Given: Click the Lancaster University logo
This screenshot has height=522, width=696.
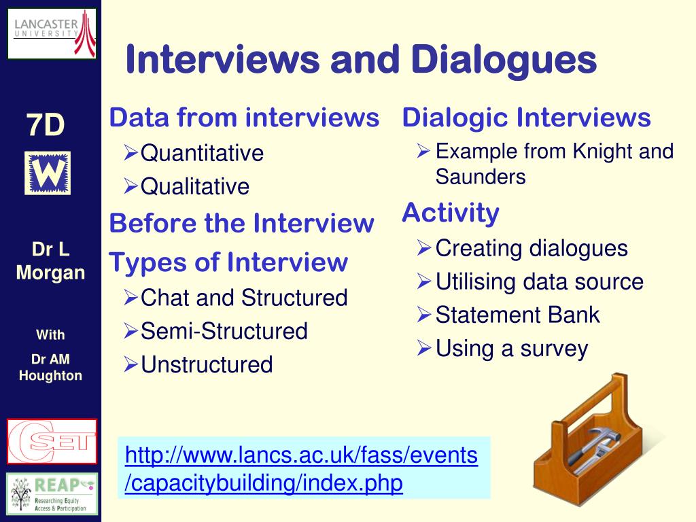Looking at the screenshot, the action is coord(52,34).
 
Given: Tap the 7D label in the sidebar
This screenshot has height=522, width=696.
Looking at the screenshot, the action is coord(46,125).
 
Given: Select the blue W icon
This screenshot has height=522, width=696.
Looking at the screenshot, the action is coord(48,173).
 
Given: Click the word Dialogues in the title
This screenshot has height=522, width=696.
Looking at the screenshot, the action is coord(504,60).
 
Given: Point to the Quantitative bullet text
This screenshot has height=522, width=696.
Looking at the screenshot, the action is coord(202,153).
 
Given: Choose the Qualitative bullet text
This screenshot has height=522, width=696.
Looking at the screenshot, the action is coord(195,186).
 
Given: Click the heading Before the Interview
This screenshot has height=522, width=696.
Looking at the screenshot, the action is coord(241,223).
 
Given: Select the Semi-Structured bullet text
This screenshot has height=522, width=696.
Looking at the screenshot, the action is coord(224,331).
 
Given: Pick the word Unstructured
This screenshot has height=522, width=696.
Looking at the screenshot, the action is coord(207,365).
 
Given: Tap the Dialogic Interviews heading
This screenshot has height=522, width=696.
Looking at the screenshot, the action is coord(527,118).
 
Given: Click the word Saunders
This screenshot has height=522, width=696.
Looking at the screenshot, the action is coord(481,177).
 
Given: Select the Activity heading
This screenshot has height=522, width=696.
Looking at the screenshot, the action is coord(451,213).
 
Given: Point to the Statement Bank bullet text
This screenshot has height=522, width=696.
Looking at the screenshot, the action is coord(517,315).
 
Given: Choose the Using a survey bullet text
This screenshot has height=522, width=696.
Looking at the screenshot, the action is coord(512,349).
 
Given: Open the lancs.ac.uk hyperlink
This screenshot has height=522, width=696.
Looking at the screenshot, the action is coord(301,469).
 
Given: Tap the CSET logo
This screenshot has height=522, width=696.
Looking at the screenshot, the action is coord(52,441).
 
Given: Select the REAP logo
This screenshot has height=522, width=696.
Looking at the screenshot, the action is coord(52,494).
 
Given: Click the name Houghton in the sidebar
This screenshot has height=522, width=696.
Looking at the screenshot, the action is coord(50,376).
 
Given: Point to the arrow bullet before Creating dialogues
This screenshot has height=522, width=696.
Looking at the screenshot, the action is coord(424,248).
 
